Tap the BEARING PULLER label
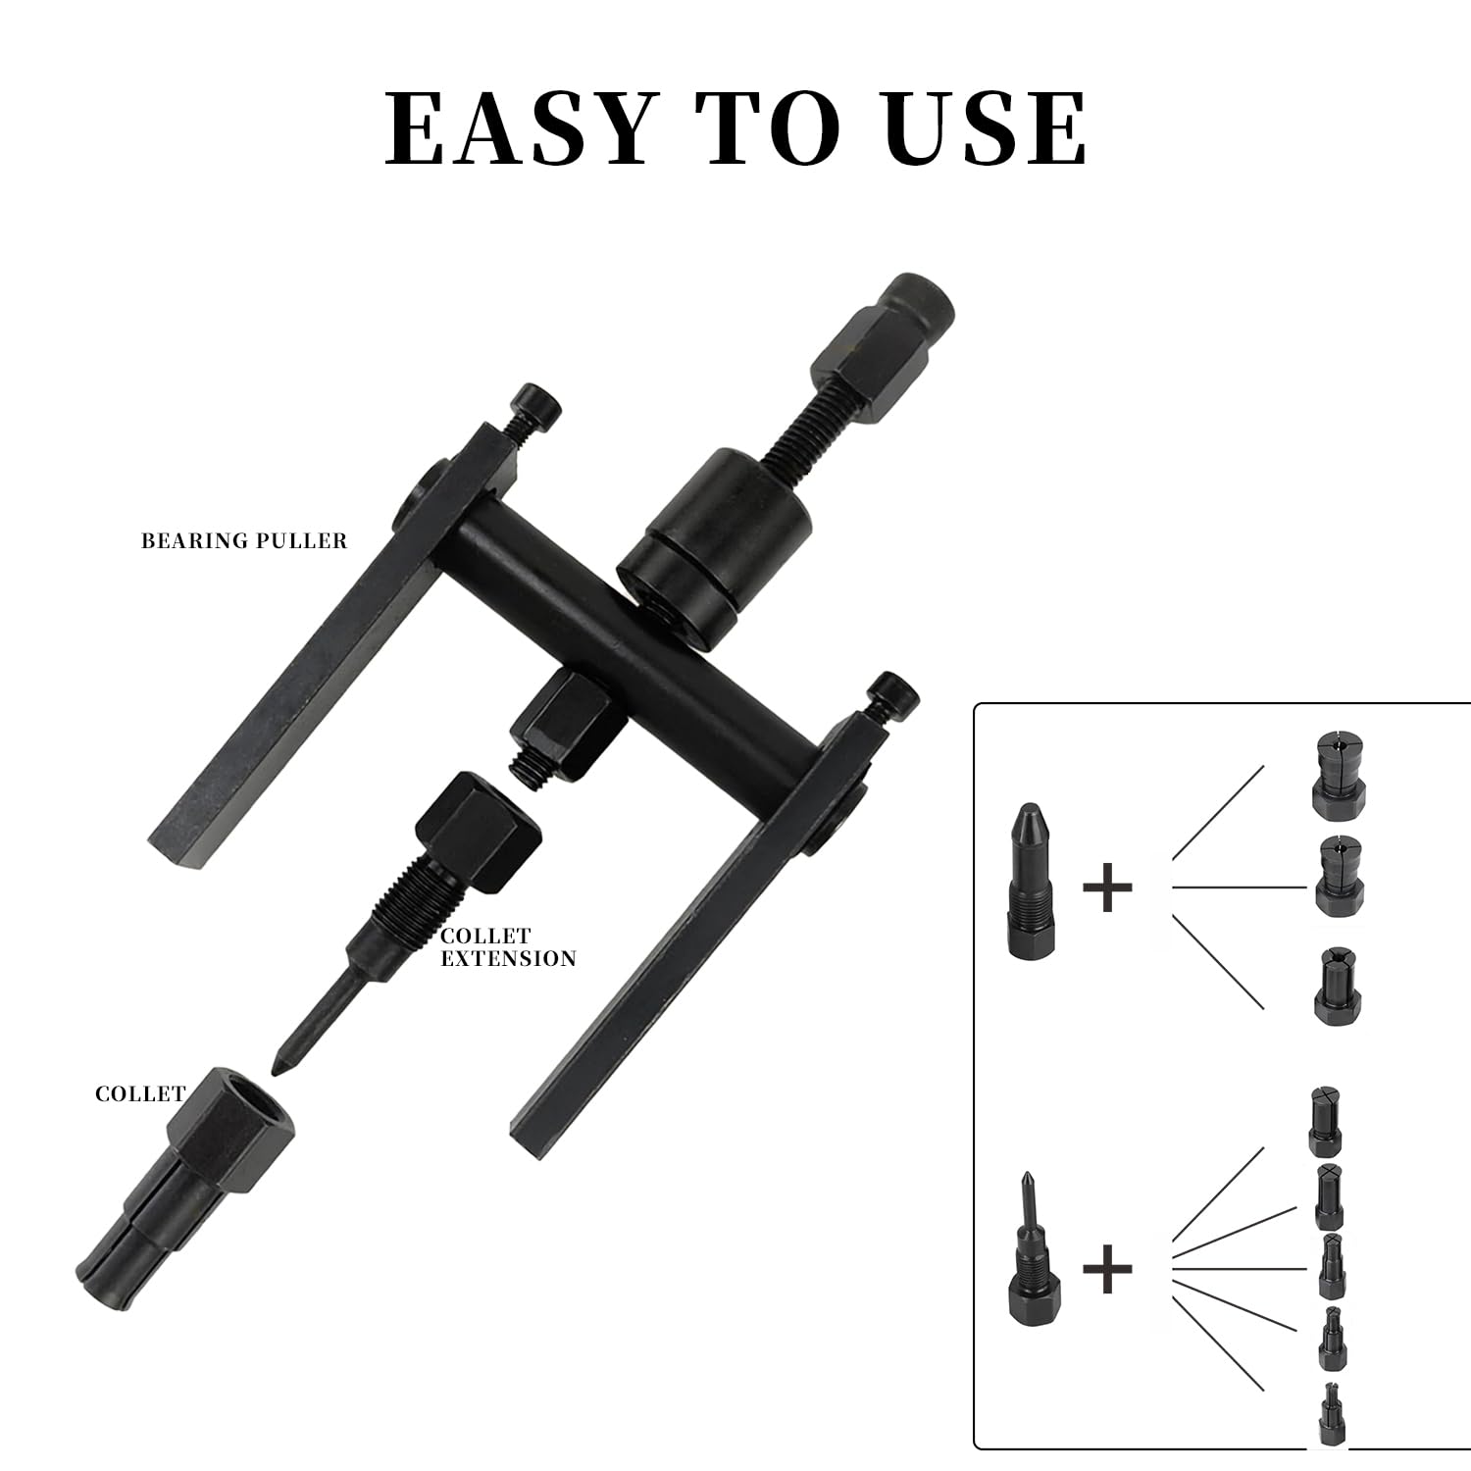tap(244, 540)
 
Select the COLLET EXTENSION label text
tap(508, 946)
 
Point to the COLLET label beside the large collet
tap(140, 1093)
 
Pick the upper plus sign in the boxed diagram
tap(1108, 887)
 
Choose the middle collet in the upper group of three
tap(1337, 876)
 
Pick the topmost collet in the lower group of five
tap(1325, 1120)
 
